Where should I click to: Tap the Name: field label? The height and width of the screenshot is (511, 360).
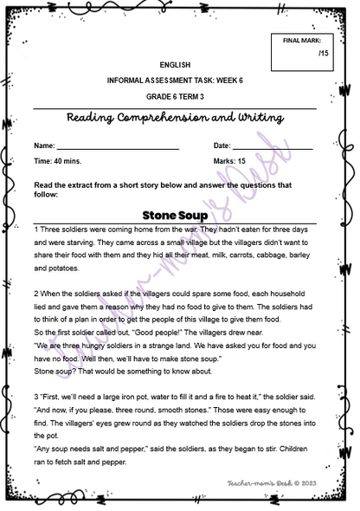[44, 146]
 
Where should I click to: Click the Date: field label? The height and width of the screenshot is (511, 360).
[222, 146]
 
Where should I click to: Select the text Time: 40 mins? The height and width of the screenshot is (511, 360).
[58, 161]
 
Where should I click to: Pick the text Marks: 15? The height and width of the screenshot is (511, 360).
[229, 161]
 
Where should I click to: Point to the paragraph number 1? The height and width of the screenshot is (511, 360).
[35, 230]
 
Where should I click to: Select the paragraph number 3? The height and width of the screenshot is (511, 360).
[35, 393]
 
